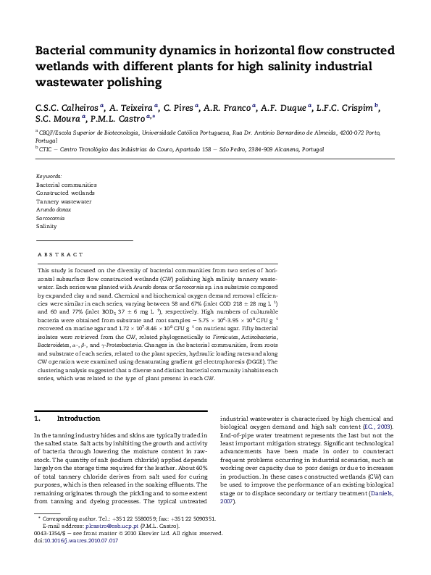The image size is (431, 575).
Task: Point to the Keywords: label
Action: point(49,176)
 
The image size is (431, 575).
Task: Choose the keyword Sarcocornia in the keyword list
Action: point(52,217)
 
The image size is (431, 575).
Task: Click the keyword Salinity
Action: point(46,226)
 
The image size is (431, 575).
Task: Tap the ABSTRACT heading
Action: point(60,254)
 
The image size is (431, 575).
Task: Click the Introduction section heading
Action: point(78,419)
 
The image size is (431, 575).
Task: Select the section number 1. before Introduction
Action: point(38,419)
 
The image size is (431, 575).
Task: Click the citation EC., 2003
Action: point(377,427)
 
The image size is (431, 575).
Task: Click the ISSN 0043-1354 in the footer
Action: point(49,553)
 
